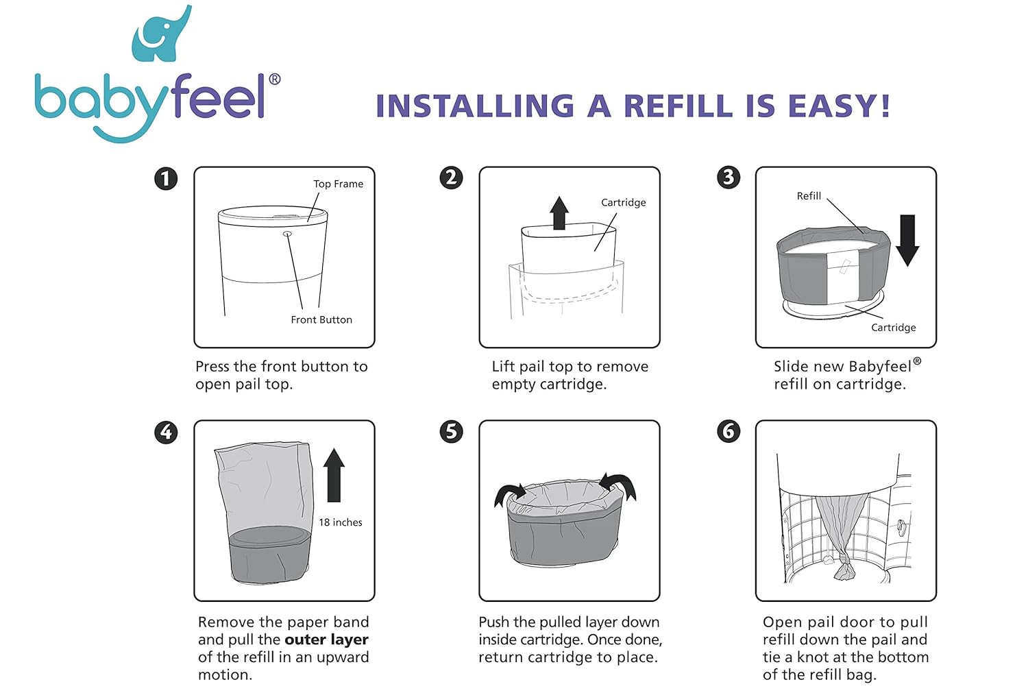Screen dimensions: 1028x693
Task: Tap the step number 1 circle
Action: (166, 178)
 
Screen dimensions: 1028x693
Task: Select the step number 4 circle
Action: (166, 433)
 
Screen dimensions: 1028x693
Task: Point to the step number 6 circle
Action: (729, 431)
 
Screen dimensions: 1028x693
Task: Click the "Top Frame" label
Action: (339, 184)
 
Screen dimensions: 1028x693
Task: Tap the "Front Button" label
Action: (321, 320)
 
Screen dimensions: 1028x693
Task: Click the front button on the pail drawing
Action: (287, 234)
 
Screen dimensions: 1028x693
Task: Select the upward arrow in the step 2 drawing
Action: (559, 213)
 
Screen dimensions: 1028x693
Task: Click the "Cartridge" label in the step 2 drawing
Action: (623, 202)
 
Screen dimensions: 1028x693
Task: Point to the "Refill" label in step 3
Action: (809, 196)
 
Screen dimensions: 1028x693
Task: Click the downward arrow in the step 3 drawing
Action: (907, 240)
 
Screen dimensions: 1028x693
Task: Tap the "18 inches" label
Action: (341, 522)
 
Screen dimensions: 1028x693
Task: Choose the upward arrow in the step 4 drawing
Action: (334, 475)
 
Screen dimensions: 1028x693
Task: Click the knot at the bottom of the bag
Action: (844, 561)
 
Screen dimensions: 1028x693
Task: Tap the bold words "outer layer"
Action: (326, 640)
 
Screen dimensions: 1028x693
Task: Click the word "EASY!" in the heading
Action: (840, 106)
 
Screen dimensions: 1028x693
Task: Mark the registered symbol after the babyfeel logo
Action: (274, 79)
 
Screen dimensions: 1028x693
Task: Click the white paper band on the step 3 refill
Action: (843, 276)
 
